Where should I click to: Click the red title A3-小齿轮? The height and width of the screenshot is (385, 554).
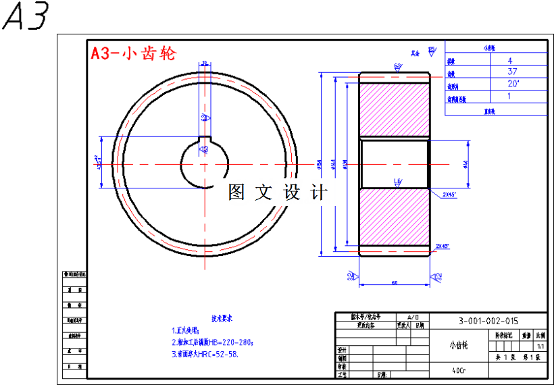[x=133, y=54]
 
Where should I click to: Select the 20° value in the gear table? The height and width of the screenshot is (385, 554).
[x=513, y=84]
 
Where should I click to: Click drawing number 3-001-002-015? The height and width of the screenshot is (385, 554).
[x=488, y=322]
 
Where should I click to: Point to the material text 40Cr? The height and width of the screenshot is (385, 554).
[x=459, y=370]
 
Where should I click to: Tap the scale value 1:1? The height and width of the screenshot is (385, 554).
[x=540, y=344]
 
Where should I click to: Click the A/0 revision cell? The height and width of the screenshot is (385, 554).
[x=413, y=317]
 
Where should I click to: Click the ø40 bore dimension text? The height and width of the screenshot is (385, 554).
[x=465, y=164]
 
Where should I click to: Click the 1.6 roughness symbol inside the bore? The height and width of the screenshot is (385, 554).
[x=397, y=181]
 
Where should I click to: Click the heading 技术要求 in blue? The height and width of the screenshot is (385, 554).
[x=222, y=317]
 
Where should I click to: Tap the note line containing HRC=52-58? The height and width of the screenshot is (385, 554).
[x=205, y=353]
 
